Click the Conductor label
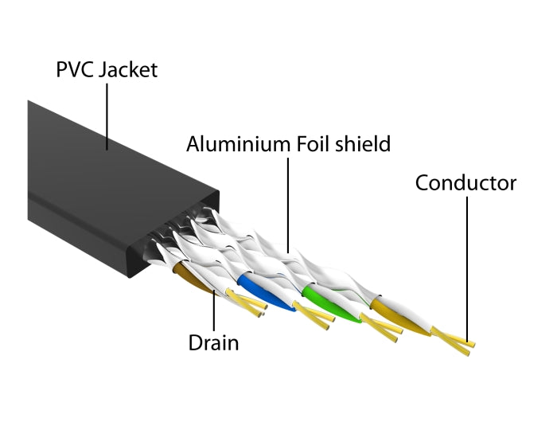(465, 183)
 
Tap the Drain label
(213, 343)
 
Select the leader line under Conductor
(467, 263)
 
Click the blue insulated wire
(258, 291)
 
